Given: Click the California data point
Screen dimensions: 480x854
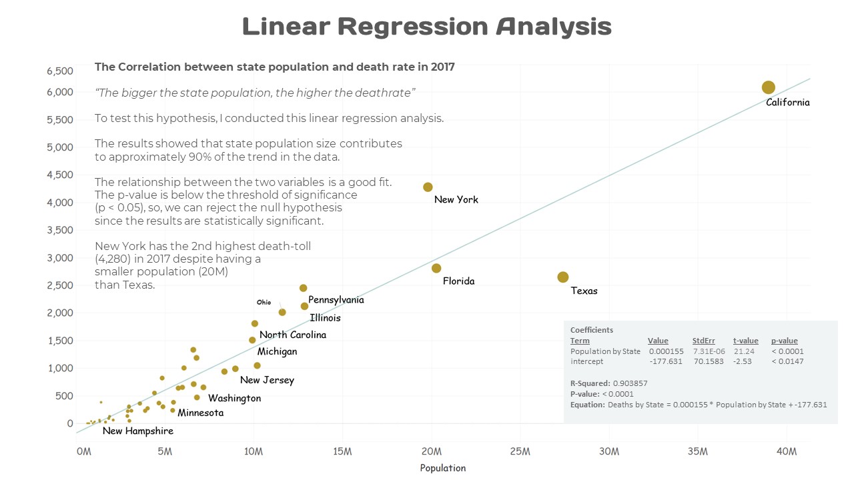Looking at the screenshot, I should click(768, 87).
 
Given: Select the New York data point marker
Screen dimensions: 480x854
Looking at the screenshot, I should click(428, 187).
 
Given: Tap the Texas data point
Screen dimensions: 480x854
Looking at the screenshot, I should click(562, 277).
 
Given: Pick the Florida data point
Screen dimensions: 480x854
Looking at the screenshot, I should click(436, 268).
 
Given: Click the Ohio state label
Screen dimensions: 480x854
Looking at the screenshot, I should click(264, 303).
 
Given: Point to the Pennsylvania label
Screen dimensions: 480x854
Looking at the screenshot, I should click(336, 300).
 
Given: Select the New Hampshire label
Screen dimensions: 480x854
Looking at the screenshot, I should click(138, 431).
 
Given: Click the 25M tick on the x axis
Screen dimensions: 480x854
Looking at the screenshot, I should click(520, 452).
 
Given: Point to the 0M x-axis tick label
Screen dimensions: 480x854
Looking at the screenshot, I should click(84, 452).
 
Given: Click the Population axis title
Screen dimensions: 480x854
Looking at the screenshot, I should click(442, 468).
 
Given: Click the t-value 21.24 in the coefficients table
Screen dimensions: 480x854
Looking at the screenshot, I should click(744, 351).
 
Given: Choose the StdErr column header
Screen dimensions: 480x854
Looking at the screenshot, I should click(703, 341).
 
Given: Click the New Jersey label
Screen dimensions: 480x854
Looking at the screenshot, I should click(267, 381).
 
